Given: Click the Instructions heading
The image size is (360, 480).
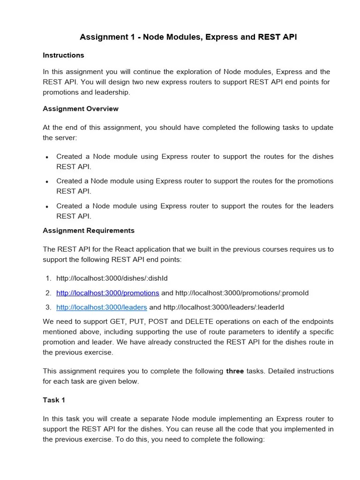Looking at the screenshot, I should [x=63, y=55].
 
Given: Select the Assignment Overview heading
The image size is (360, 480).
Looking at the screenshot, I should [x=81, y=109].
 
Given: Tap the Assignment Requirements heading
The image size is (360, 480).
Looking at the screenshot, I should [x=89, y=231].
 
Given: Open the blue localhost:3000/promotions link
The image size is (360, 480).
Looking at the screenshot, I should [x=108, y=293].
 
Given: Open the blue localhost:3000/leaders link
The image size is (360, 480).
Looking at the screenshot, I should [x=102, y=307].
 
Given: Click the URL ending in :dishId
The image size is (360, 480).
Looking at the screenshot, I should [x=112, y=278].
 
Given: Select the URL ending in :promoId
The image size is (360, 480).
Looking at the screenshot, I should [x=242, y=293].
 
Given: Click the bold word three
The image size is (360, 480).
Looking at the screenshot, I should [x=235, y=371].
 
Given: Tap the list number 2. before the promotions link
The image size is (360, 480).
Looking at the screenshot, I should [x=48, y=293].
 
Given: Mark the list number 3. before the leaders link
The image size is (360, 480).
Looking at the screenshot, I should [x=48, y=307].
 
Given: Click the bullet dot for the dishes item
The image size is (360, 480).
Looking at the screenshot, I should [x=47, y=157].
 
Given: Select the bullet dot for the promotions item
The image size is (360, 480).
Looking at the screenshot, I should [x=47, y=181].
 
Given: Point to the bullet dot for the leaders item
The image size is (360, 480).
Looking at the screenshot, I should [x=47, y=206].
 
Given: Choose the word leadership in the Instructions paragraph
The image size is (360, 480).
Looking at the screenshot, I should [x=112, y=92].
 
